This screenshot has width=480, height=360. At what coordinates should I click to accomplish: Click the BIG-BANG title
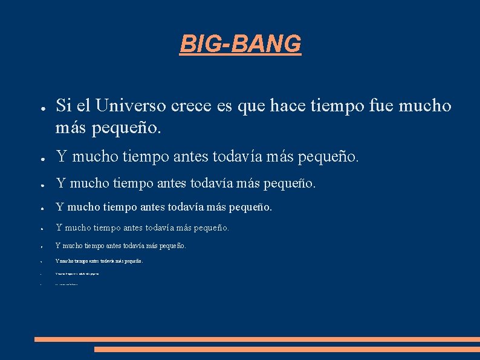tap(240, 44)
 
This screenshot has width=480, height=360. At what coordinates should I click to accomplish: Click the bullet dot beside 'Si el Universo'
tap(37, 108)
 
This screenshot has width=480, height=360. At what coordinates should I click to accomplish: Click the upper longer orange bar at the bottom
tap(257, 339)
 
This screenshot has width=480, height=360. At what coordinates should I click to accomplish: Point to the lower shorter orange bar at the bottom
tap(287, 349)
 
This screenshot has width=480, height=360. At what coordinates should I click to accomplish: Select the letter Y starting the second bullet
tap(61, 157)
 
